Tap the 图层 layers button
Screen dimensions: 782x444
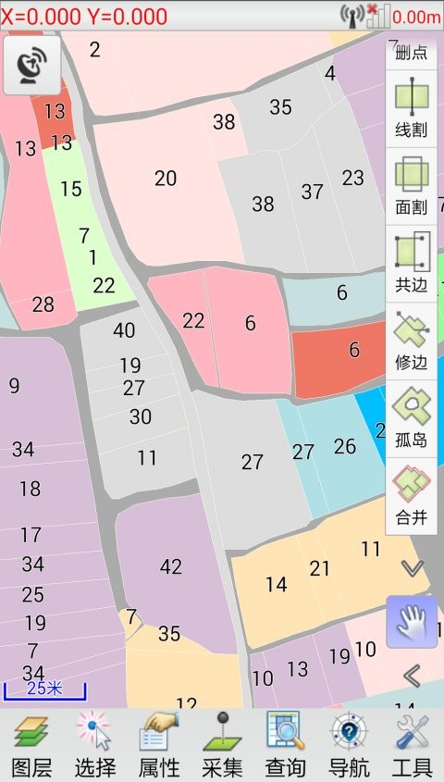pos(31,745)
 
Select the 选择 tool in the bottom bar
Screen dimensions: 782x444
pos(95,745)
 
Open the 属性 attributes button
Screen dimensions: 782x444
pos(158,745)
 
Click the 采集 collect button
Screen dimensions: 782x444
pos(222,745)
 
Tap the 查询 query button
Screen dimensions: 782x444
pos(285,745)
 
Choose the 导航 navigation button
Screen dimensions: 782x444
pos(349,745)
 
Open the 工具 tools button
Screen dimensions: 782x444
pos(412,745)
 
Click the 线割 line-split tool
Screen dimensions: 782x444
pos(412,107)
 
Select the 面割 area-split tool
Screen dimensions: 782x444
pos(412,185)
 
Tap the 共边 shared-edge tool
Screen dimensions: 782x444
pos(412,263)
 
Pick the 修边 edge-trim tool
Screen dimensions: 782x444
pos(412,341)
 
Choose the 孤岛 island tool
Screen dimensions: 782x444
pos(412,418)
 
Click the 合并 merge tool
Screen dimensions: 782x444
pos(412,496)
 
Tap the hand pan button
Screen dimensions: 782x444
pos(412,622)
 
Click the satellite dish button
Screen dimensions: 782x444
pos(32,65)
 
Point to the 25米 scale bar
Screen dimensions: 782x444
pos(44,689)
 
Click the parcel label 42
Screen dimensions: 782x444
pos(171,567)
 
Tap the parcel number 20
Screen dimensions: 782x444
pos(166,179)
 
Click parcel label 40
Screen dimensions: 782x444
pos(124,330)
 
